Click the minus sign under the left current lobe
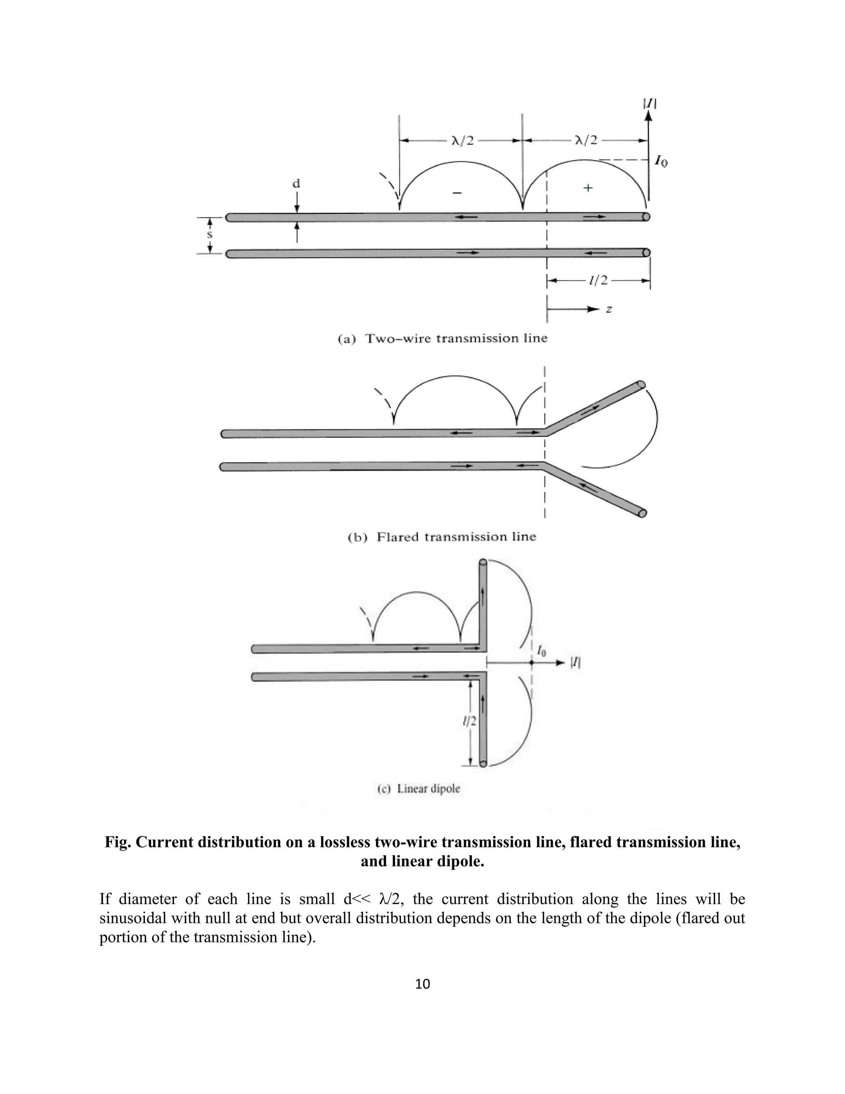tap(457, 193)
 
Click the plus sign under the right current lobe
tap(588, 188)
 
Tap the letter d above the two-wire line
tap(296, 184)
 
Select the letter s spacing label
tap(210, 234)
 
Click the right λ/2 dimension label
tap(586, 140)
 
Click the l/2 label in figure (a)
tap(598, 280)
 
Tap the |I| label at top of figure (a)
tap(650, 104)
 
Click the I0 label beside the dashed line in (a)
tap(661, 161)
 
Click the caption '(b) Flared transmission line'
tap(441, 537)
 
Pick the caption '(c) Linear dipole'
tap(418, 789)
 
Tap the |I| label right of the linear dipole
tap(575, 663)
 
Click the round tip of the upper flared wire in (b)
tap(641, 385)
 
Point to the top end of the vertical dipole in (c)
tap(483, 563)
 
